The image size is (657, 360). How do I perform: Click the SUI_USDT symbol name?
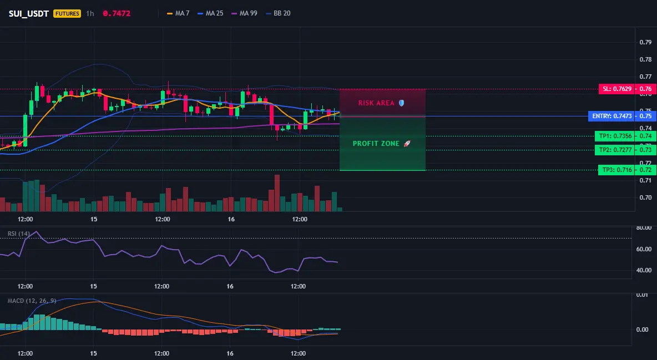pos(28,13)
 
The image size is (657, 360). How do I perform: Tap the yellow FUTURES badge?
pos(67,13)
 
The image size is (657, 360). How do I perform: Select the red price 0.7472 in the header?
pos(117,13)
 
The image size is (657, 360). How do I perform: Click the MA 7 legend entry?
pos(178,13)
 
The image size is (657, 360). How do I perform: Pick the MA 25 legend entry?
pos(210,13)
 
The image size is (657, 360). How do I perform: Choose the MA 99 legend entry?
pos(244,13)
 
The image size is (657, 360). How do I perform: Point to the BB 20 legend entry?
pos(278,13)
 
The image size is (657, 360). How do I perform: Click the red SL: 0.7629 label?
pos(616,89)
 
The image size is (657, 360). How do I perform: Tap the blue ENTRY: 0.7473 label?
pos(611,116)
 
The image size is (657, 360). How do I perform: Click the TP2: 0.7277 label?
pos(615,150)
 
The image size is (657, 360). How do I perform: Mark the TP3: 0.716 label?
pos(616,170)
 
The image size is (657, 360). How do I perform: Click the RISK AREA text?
pos(376,103)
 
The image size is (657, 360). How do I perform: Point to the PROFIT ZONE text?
pos(376,143)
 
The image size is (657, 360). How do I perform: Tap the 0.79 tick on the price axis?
pos(646,42)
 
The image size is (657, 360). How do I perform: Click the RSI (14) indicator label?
pos(19,234)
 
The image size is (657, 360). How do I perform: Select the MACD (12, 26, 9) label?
pos(32,301)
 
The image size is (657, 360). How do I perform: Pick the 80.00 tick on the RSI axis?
pos(644,228)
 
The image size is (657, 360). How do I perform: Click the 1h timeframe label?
pos(90,13)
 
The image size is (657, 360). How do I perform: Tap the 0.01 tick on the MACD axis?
pos(643,295)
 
